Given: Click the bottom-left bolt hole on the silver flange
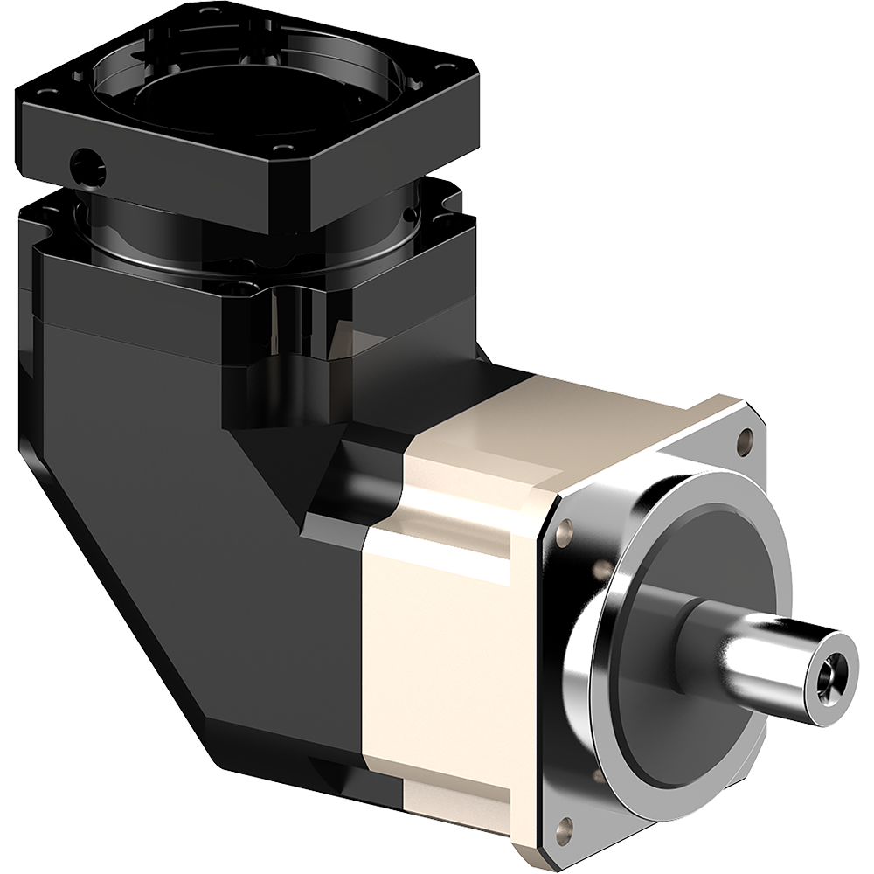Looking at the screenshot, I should (565, 825).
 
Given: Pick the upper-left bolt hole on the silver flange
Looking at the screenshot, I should (564, 528).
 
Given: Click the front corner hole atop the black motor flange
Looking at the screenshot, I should (281, 149).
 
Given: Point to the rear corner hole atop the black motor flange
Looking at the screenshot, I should (208, 12).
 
